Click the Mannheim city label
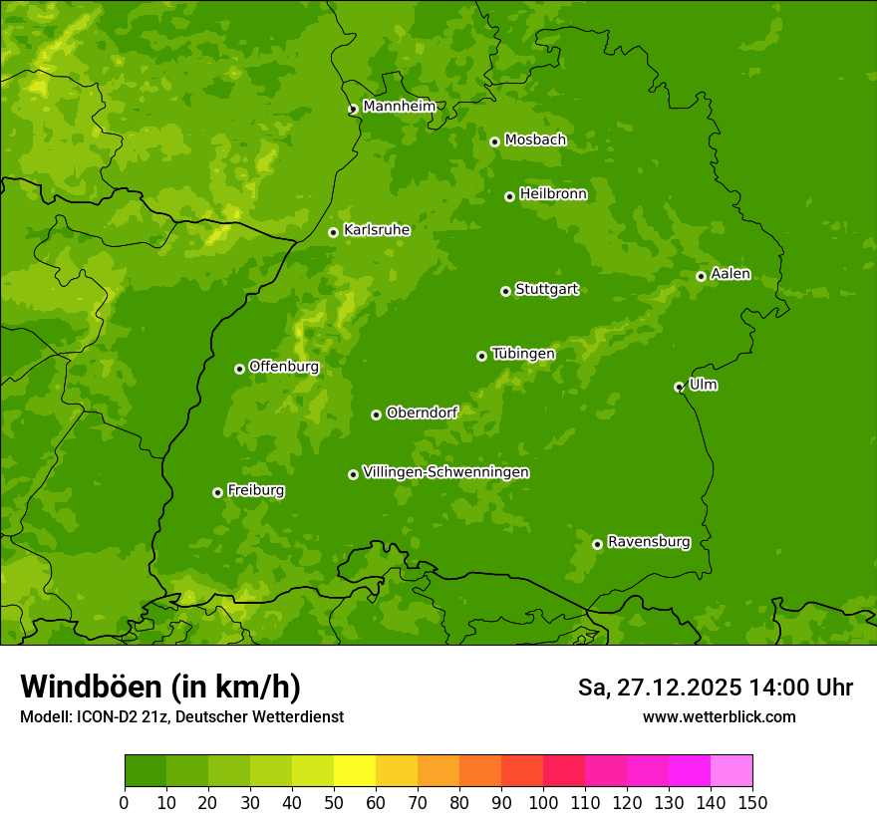point(399,107)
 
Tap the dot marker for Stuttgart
point(505,291)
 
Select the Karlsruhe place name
point(377,230)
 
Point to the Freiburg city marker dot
point(217,492)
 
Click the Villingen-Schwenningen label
point(445,472)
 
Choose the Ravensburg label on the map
point(649,542)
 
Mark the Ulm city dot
point(679,387)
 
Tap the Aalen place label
point(731,274)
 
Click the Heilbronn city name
point(553,194)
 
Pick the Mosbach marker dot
point(494,141)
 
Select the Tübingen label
point(523,354)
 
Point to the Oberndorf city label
point(422,413)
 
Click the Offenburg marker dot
point(239,369)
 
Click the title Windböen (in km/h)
point(160,687)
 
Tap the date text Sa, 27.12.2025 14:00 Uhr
point(716,688)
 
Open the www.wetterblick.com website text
point(719,716)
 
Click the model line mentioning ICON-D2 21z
point(181,716)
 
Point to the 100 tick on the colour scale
point(543,802)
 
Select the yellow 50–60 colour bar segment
point(355,770)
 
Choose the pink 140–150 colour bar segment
point(731,770)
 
